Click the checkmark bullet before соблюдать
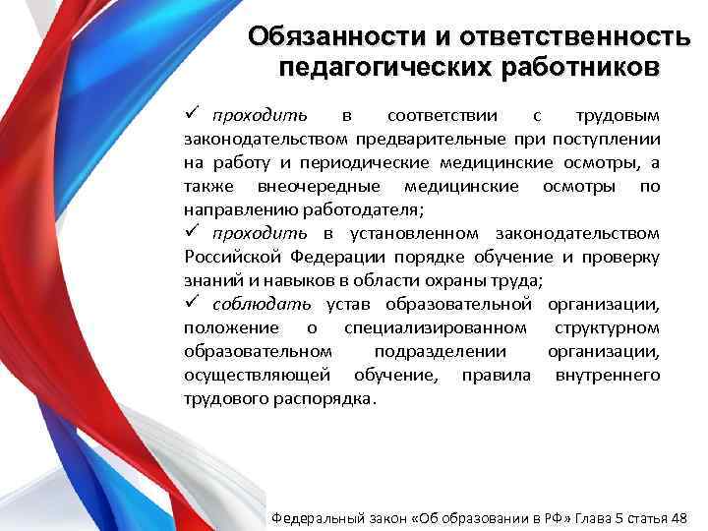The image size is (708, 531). click(x=192, y=303)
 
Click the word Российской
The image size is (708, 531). click(x=233, y=257)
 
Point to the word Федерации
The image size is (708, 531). click(x=335, y=257)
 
